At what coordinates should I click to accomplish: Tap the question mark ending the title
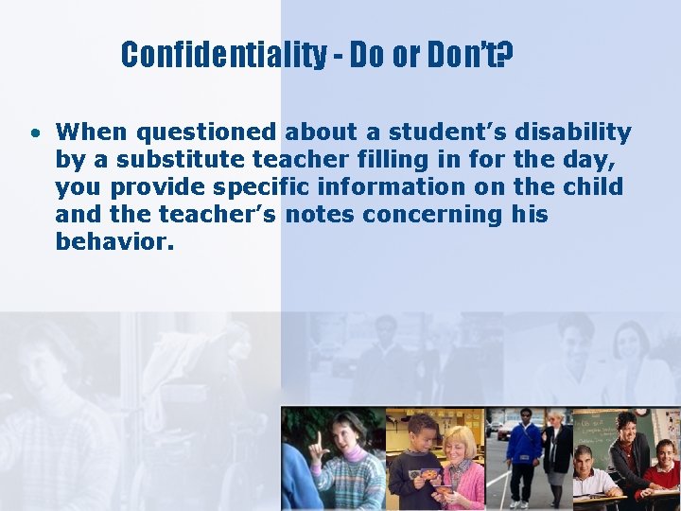[506, 56]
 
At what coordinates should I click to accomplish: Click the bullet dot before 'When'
[33, 132]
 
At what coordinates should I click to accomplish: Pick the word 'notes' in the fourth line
[319, 215]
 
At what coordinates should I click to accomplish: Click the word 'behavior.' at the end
[114, 242]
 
